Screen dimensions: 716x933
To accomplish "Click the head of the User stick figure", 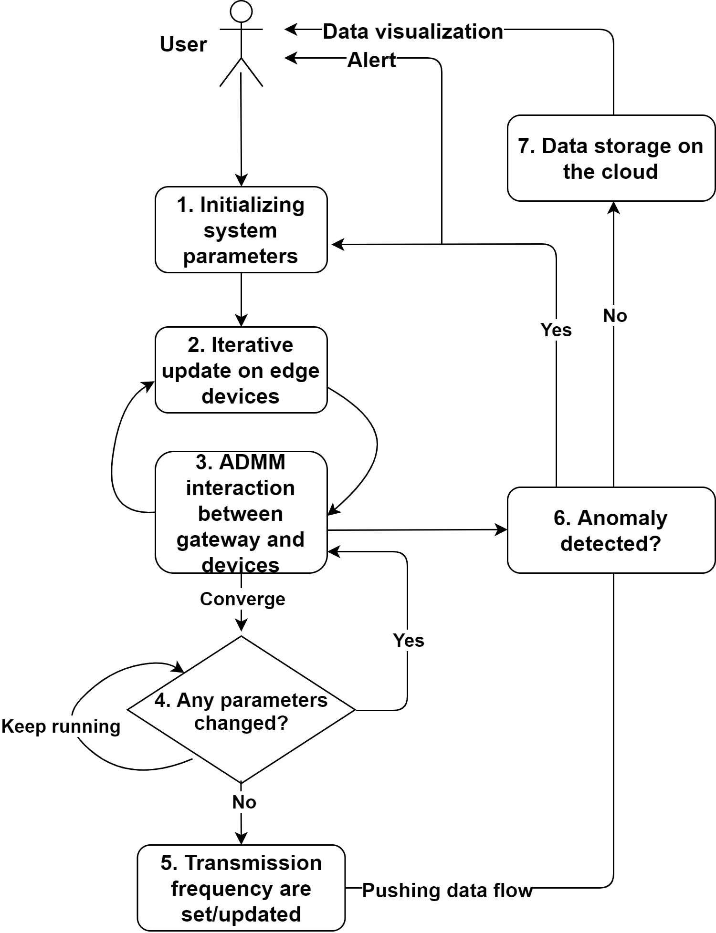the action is [x=241, y=11].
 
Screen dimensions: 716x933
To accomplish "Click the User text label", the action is [x=183, y=44].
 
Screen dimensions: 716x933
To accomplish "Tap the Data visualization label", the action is [x=413, y=31].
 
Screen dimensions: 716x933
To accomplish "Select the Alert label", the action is [x=371, y=60].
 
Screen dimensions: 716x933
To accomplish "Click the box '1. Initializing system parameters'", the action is [x=241, y=229].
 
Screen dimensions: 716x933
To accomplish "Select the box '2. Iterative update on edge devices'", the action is [x=241, y=370].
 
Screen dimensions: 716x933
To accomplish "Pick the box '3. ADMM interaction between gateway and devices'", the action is [x=241, y=512].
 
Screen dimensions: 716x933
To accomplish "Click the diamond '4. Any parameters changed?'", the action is [x=241, y=710].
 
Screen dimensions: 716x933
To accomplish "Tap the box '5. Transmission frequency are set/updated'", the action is [x=241, y=888].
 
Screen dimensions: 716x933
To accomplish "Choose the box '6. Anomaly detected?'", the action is [x=611, y=530].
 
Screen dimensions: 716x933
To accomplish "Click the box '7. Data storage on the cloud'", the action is [x=611, y=158].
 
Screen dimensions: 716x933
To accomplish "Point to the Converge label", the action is [x=242, y=599].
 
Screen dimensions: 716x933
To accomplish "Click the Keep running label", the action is [x=61, y=726].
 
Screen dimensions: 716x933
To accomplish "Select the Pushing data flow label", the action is [x=447, y=890].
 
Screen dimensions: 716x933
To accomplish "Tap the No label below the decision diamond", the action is [x=244, y=802].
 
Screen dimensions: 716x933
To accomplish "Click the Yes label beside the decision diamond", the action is [x=409, y=640].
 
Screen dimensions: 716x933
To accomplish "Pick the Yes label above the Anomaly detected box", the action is [x=556, y=330].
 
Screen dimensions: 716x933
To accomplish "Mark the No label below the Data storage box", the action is [x=615, y=315].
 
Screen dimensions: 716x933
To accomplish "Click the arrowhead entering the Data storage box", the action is [x=613, y=207].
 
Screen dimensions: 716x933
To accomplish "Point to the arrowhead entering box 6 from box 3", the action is [x=501, y=529].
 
